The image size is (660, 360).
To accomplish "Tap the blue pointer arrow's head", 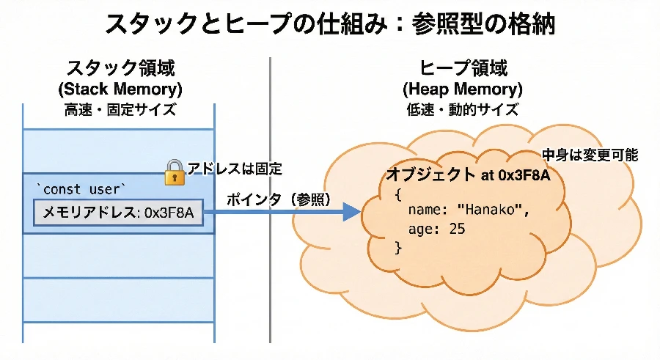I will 352,213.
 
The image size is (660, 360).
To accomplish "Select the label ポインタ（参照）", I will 278,199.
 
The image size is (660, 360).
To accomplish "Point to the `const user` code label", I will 81,189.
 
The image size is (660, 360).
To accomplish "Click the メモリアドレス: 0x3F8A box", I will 118,213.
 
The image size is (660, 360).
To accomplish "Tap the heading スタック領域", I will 121,70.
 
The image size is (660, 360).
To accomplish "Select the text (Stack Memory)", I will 120,90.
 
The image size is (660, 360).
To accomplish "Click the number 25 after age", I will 457,229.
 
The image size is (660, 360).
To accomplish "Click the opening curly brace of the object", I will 398,194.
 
